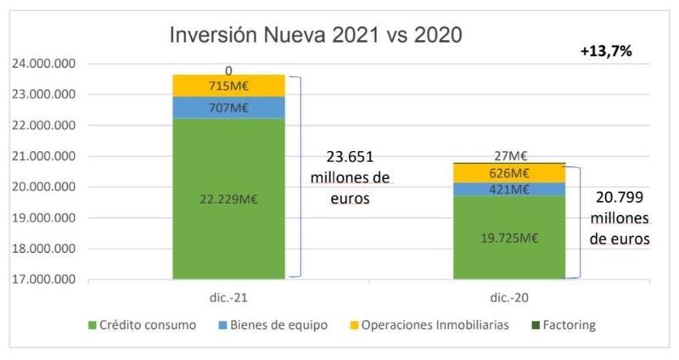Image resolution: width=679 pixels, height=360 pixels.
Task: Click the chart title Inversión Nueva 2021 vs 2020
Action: click(316, 36)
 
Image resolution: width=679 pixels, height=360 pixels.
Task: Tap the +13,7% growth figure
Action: click(606, 52)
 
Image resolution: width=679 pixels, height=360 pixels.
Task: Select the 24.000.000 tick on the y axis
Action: click(42, 64)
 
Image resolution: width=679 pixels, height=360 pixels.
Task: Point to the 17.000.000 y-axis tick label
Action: click(42, 279)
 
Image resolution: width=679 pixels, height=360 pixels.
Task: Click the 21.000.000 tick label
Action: click(42, 156)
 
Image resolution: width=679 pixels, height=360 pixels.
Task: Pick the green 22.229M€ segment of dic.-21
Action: click(228, 199)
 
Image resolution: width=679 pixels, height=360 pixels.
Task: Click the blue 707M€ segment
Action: click(228, 107)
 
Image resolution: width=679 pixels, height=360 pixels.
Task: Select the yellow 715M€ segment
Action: click(228, 86)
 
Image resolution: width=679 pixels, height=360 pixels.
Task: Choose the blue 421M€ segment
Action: click(508, 188)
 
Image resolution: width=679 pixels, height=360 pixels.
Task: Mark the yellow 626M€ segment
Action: click(508, 172)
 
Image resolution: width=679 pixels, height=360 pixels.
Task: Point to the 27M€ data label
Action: click(509, 155)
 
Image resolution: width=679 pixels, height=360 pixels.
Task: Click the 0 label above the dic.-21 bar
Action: click(228, 70)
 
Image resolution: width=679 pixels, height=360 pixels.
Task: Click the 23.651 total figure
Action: click(350, 158)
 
